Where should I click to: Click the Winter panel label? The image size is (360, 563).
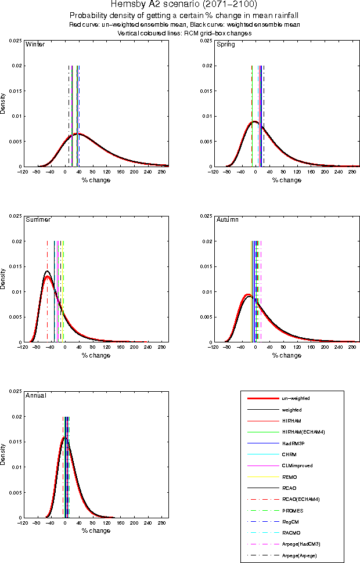pos(35,45)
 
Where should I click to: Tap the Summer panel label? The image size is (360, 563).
pos(38,220)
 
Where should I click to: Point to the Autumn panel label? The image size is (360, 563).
pos(228,220)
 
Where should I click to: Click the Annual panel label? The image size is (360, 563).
pos(36,395)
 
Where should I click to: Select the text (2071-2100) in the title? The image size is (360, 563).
pos(226,4)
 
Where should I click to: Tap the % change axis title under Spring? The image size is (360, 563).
pos(287,180)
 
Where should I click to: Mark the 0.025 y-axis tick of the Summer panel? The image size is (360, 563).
pos(14,216)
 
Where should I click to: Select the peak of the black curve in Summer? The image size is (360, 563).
pos(47,271)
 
